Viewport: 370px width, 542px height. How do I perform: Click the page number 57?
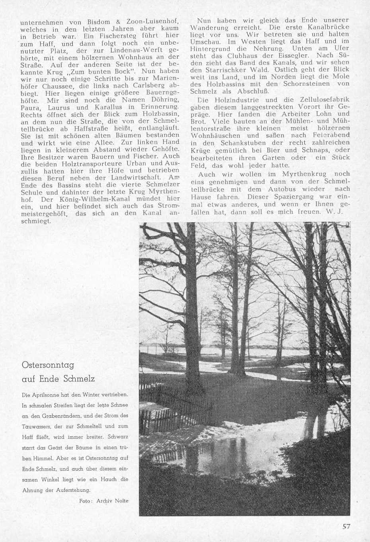(x=346, y=526)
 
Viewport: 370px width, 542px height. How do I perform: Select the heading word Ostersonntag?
(x=48, y=365)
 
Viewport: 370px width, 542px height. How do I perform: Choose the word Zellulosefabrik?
(x=322, y=100)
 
